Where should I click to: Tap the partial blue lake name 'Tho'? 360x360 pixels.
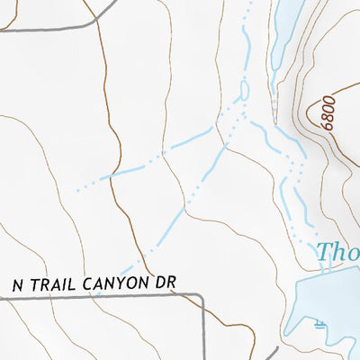pos(337,255)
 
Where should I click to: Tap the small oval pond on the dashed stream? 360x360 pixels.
pos(243,91)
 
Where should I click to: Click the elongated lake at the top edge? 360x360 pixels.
pos(286,31)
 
